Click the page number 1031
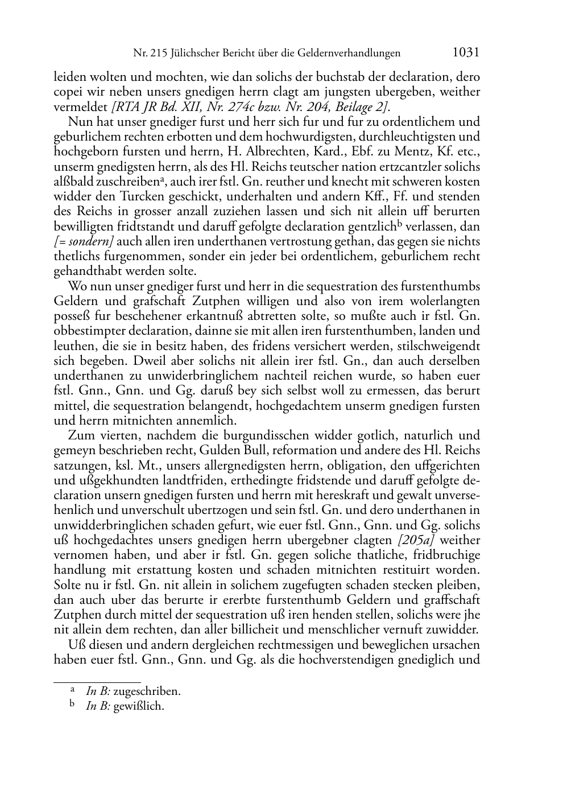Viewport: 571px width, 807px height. point(466,52)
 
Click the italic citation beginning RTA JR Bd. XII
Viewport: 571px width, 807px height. point(250,106)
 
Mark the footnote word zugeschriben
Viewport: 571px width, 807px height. point(147,691)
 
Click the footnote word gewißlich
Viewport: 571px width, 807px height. point(139,706)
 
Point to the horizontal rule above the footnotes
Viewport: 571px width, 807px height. point(97,681)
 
